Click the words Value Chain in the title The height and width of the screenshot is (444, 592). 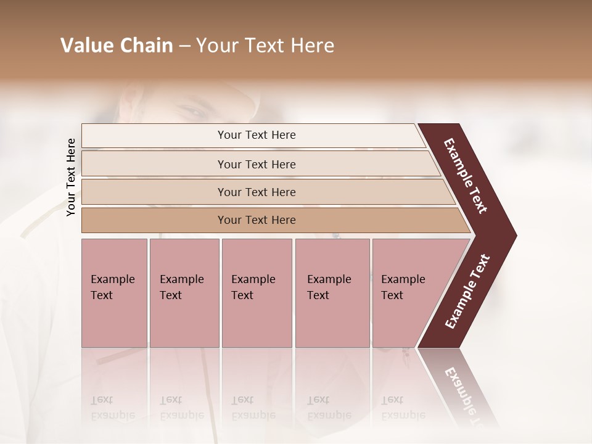pos(117,46)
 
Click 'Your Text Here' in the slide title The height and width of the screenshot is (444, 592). pos(265,46)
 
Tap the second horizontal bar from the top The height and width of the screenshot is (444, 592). pos(257,164)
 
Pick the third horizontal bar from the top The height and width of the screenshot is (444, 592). pos(257,192)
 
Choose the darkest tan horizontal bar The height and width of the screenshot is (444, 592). pos(257,220)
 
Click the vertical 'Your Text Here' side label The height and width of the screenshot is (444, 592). pos(71,177)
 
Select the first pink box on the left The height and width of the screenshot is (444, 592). pos(114,292)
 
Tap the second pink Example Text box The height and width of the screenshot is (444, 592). pos(184,292)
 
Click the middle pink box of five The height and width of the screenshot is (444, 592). pos(257,292)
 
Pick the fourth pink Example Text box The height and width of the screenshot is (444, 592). pos(332,292)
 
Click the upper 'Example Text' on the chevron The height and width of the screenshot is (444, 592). pos(466,176)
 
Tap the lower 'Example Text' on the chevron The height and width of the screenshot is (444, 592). pos(467,291)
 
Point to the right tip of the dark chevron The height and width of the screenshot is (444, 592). pos(515,235)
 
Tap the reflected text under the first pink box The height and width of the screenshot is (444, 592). pos(112,408)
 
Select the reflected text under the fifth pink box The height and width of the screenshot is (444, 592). pos(403,408)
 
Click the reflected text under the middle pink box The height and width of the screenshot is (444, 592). pos(253,408)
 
